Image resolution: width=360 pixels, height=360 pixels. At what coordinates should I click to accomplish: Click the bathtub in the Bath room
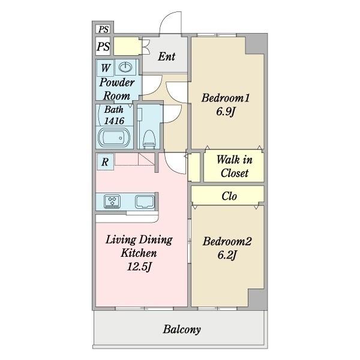[114, 138]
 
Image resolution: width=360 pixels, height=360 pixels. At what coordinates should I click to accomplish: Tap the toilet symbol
[149, 139]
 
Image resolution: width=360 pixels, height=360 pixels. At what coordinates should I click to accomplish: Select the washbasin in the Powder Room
[125, 67]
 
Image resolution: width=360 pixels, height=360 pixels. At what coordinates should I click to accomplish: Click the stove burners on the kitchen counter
[112, 202]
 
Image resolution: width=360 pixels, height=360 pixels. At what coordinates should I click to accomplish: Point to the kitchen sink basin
[145, 202]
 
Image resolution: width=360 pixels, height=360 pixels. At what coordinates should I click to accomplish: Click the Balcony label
[182, 329]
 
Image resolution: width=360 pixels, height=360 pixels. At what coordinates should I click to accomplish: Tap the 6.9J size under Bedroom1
[226, 112]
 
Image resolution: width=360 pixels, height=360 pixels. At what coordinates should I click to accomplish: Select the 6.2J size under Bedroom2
[227, 255]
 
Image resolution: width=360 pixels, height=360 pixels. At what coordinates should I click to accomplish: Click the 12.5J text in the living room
[139, 266]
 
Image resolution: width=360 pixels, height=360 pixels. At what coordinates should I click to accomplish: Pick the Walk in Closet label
[235, 166]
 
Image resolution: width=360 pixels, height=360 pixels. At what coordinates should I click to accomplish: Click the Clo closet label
[229, 196]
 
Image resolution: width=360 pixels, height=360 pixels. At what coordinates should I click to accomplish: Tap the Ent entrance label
[167, 56]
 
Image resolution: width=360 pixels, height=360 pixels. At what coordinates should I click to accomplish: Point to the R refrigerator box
[105, 162]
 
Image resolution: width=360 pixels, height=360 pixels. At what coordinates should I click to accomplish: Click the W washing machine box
[106, 68]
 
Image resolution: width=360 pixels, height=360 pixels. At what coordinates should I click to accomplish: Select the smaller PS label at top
[104, 29]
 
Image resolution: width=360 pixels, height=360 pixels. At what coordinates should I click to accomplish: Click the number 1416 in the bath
[114, 121]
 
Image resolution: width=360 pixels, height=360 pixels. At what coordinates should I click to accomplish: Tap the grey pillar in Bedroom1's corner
[256, 44]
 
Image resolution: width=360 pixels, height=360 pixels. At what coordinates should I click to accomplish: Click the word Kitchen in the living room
[139, 253]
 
